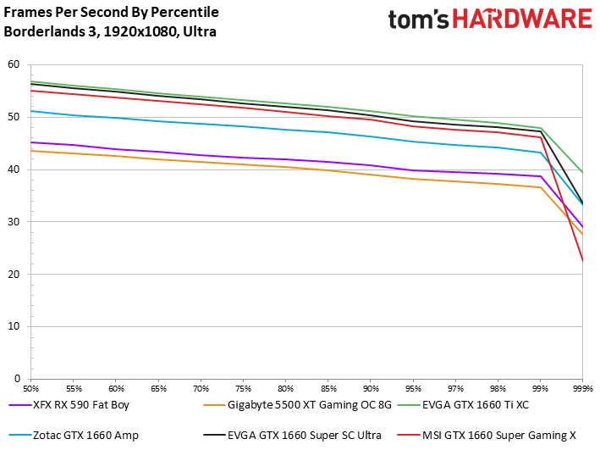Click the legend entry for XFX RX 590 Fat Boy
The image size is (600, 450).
[69, 405]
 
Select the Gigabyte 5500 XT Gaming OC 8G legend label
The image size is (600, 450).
[297, 405]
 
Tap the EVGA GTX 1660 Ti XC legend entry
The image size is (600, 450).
[464, 405]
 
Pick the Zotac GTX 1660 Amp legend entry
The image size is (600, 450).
[74, 436]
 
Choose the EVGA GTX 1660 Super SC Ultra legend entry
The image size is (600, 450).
[292, 436]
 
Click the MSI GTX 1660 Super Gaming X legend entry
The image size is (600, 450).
[487, 436]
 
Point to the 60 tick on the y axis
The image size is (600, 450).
[14, 64]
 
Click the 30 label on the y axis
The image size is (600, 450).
[14, 221]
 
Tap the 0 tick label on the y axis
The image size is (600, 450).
[17, 379]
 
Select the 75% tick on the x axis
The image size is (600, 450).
[244, 389]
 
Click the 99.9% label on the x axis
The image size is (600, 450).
[583, 389]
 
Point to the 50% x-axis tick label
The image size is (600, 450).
[31, 389]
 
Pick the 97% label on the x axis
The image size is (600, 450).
[456, 389]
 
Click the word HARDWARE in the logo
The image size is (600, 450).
[522, 19]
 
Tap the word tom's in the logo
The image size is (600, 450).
[419, 19]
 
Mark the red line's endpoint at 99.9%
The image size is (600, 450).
[582, 261]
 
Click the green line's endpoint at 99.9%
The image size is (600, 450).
[582, 173]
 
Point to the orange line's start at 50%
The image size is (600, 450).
[31, 151]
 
